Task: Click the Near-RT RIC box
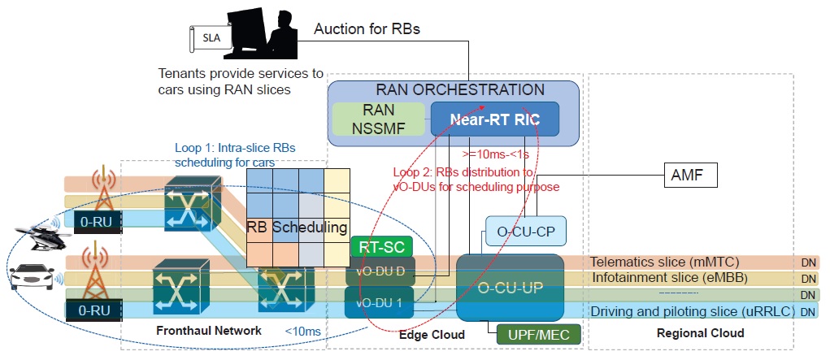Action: click(x=495, y=119)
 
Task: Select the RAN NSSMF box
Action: click(x=379, y=119)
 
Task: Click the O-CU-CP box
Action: click(x=525, y=232)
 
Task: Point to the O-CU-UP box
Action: click(x=510, y=287)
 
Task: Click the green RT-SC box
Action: click(x=381, y=246)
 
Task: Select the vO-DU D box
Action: click(x=380, y=271)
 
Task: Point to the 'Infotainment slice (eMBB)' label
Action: click(x=660, y=278)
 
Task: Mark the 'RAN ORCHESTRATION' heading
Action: click(x=459, y=89)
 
